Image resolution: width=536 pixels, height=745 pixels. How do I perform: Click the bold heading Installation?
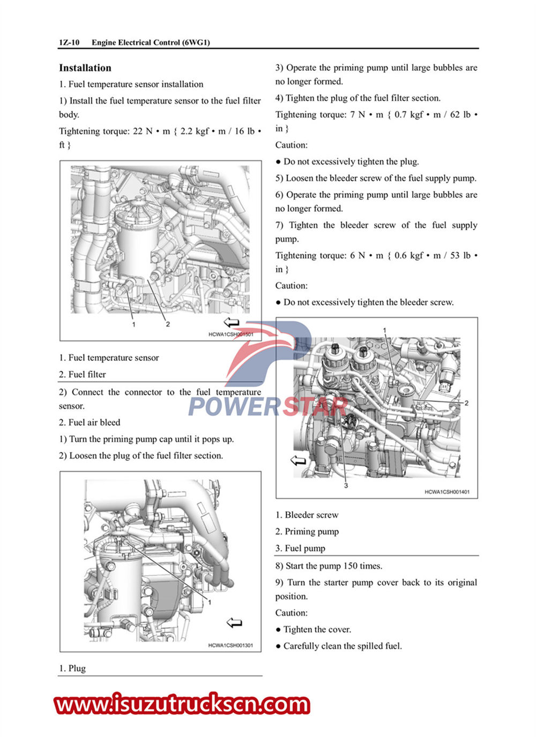pos(85,68)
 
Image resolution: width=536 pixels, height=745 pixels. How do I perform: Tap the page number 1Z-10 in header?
pos(69,42)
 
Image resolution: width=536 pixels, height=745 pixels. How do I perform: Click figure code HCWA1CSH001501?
pos(230,334)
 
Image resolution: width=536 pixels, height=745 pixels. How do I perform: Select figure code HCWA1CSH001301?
pos(230,645)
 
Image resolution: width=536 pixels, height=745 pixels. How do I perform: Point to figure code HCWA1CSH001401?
pos(447,492)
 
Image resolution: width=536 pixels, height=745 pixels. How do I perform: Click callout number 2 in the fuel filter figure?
pos(168,324)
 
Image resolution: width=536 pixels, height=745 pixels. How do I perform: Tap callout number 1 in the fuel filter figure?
pos(133,324)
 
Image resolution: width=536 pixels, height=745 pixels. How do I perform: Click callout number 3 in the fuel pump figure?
pos(346,485)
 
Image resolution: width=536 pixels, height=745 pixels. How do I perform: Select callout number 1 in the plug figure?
pos(210,602)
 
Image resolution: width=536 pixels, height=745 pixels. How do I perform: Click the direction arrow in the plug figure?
pos(234,623)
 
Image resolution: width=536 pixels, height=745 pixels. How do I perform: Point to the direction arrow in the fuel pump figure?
pos(298,460)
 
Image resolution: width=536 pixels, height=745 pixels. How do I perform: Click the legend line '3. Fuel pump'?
pos(300,548)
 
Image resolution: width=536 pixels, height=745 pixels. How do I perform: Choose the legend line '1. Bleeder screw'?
pos(307,515)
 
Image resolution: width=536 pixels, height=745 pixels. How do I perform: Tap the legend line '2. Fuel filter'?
pos(83,375)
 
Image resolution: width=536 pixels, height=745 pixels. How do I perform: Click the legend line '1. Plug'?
pos(72,668)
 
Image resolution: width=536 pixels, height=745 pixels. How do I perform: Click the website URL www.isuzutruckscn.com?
pos(182,704)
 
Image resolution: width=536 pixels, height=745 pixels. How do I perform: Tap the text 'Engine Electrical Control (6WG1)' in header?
pos(151,42)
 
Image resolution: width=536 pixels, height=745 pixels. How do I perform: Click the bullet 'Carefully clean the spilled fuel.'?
pos(342,646)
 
